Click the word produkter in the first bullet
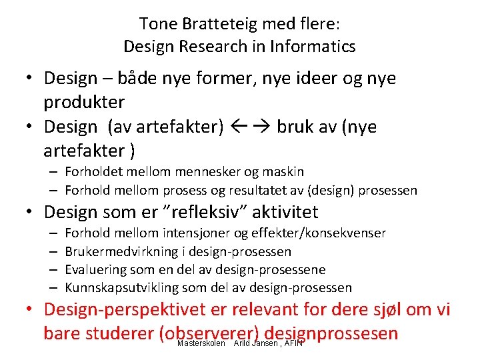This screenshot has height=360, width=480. click(x=84, y=102)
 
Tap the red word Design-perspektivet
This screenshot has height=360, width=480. click(x=126, y=310)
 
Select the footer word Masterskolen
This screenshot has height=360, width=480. click(x=201, y=343)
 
